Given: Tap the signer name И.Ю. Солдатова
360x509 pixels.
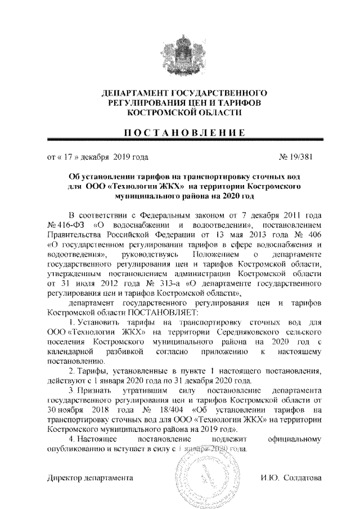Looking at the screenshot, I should [x=290, y=478].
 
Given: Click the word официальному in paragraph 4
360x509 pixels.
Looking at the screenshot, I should [x=287, y=439].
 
